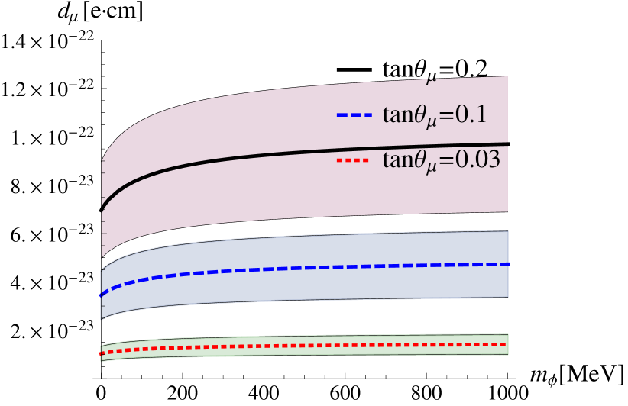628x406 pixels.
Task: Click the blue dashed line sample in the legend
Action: pyautogui.click(x=354, y=115)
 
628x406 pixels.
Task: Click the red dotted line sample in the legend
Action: pyautogui.click(x=354, y=161)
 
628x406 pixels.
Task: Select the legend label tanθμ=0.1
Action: pyautogui.click(x=434, y=115)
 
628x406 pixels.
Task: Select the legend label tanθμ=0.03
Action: pyautogui.click(x=441, y=160)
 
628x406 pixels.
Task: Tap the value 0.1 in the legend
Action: pyautogui.click(x=471, y=114)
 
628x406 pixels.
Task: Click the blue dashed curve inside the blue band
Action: pyautogui.click(x=306, y=268)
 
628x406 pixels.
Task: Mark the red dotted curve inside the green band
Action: pyautogui.click(x=306, y=346)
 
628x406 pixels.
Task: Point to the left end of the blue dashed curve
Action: pyautogui.click(x=102, y=295)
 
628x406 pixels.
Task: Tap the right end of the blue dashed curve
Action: pyautogui.click(x=507, y=264)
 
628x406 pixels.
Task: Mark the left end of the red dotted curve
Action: pyautogui.click(x=102, y=353)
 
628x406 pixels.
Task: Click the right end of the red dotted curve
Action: pyautogui.click(x=507, y=344)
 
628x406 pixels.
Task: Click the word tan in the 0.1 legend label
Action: pyautogui.click(x=399, y=115)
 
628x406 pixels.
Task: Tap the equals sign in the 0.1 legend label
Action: pyautogui.click(x=446, y=115)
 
